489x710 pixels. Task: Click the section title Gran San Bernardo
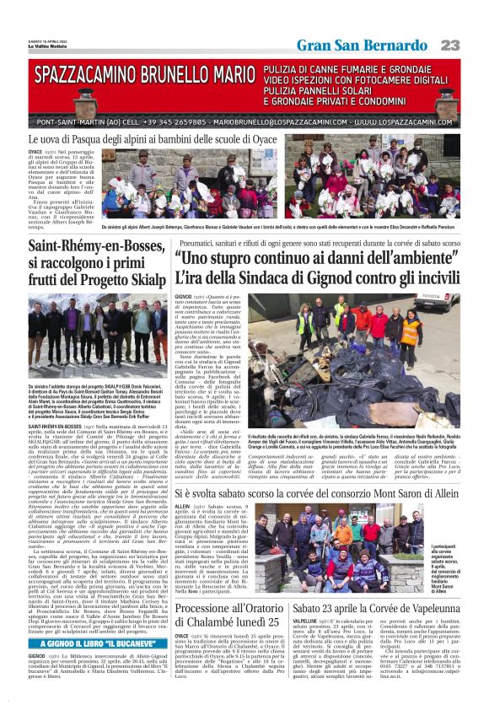tap(380, 45)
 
